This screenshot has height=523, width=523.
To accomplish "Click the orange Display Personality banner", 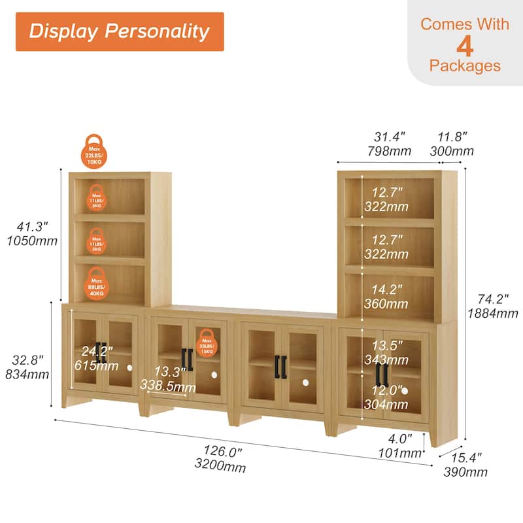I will [x=120, y=31].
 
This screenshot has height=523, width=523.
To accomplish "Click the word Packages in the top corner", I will [x=465, y=66].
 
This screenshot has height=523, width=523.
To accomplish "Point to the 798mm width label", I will [x=390, y=152].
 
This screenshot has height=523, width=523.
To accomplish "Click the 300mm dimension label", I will [x=452, y=152].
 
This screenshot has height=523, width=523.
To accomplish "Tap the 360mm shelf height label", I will [x=386, y=304].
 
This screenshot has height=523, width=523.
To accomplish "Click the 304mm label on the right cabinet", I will [x=386, y=405].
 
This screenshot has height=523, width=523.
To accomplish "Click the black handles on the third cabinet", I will [x=281, y=366].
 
